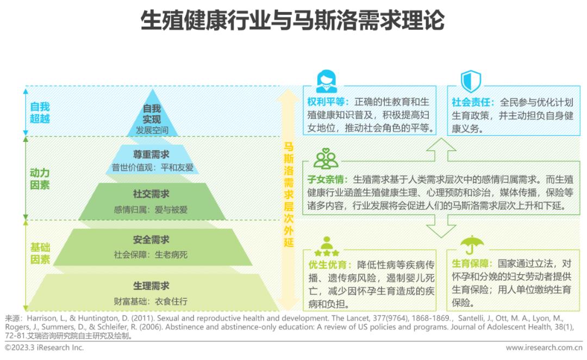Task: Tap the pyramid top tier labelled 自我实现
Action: (152, 114)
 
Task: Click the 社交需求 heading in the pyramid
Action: (152, 194)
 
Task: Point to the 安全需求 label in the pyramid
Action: (152, 239)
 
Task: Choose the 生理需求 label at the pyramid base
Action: (152, 285)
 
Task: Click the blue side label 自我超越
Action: (40, 113)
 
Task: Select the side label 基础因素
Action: (40, 253)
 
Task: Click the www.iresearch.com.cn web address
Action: (544, 347)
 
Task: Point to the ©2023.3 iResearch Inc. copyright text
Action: (45, 347)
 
